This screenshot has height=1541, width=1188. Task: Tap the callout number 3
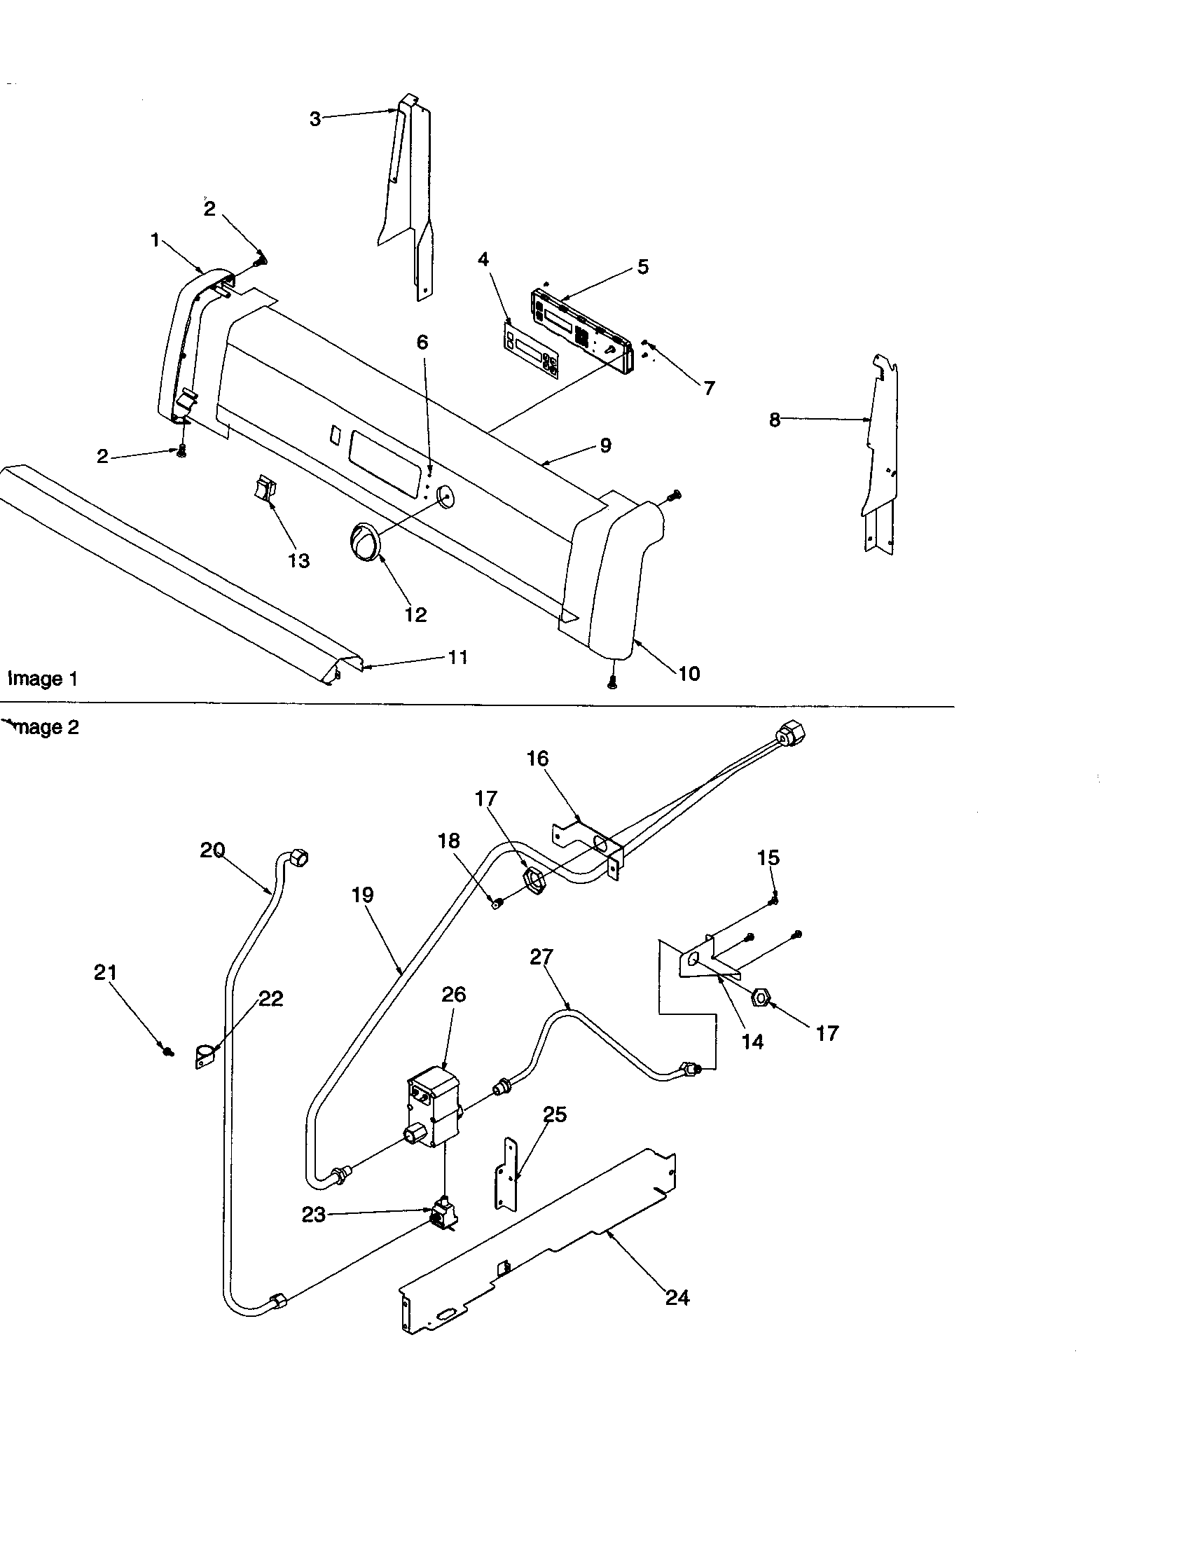click(315, 119)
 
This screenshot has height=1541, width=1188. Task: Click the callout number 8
click(774, 420)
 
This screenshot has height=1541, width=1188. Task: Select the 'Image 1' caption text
click(42, 679)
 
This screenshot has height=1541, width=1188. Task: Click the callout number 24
click(677, 1297)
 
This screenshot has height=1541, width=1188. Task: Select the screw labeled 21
click(167, 1051)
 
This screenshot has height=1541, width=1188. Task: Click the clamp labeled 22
click(205, 1057)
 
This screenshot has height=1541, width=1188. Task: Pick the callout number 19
click(362, 894)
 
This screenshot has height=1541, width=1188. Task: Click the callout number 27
click(541, 957)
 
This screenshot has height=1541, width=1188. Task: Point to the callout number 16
click(537, 759)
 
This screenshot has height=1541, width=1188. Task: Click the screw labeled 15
click(775, 899)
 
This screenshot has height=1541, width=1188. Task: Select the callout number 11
click(458, 657)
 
